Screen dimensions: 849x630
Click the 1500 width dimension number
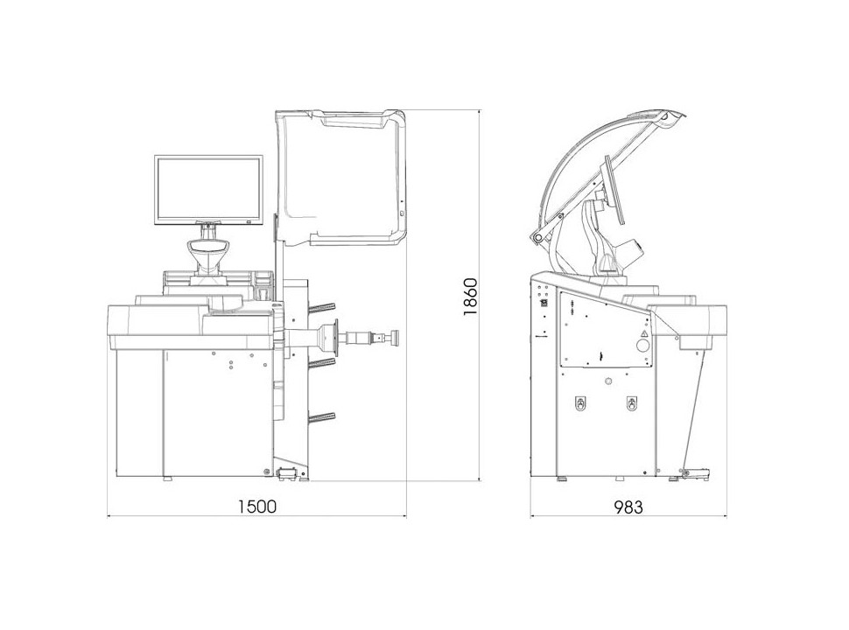[257, 507]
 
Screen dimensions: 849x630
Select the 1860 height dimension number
[471, 297]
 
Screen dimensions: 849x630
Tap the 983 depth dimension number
[628, 507]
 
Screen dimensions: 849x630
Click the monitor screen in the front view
[208, 189]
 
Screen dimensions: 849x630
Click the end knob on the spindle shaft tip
[395, 339]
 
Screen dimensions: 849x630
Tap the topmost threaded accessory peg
[321, 307]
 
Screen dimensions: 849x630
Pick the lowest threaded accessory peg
[321, 416]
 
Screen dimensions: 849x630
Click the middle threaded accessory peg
[321, 362]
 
